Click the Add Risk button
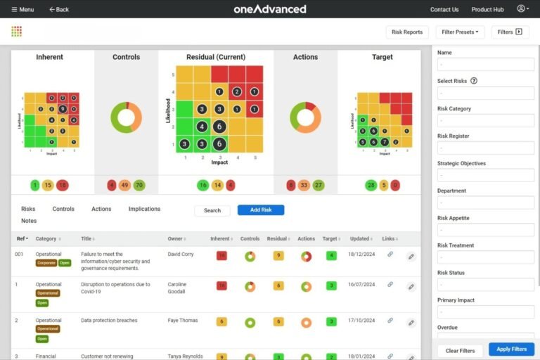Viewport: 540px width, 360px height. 260,210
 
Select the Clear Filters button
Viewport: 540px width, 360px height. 460,350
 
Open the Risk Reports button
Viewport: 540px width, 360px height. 407,32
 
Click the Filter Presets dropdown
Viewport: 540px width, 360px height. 460,32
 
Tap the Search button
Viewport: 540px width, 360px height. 212,210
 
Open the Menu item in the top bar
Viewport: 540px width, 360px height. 22,9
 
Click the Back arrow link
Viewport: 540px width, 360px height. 59,9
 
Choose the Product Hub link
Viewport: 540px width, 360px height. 487,9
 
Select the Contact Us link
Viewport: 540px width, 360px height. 444,9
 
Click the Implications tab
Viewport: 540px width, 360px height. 144,209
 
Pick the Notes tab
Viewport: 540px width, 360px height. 29,221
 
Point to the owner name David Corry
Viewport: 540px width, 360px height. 182,254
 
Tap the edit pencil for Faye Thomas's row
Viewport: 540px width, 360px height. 411,321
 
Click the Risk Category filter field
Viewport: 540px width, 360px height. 486,120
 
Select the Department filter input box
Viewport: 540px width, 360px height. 486,202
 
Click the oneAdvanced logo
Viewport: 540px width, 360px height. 270,9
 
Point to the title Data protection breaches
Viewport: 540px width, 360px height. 109,321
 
